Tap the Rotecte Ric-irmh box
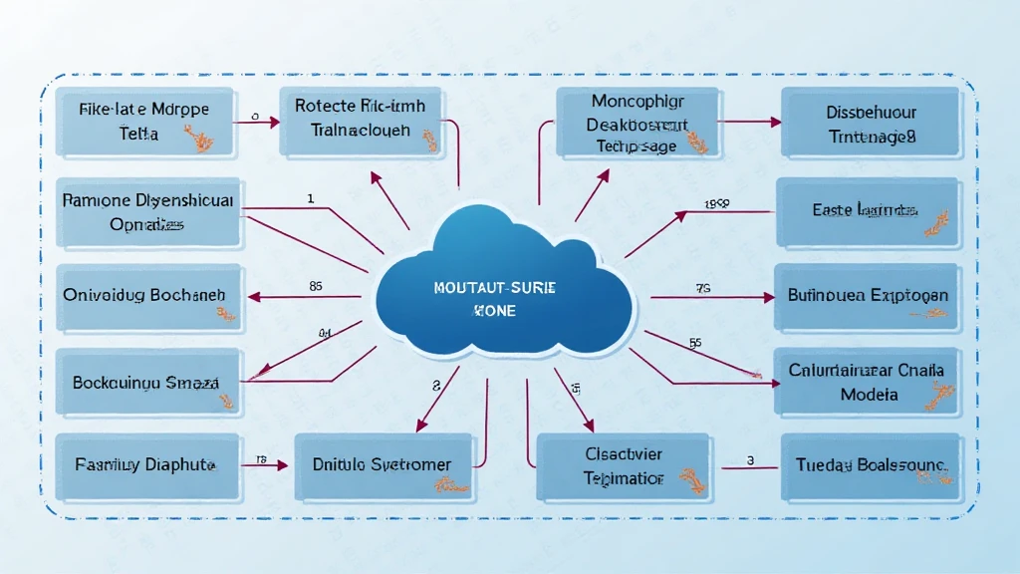click(x=362, y=120)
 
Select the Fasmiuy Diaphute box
click(x=147, y=465)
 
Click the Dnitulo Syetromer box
click(x=382, y=465)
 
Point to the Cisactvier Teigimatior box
click(x=624, y=466)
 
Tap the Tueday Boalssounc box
click(x=871, y=465)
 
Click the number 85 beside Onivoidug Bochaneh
click(x=316, y=286)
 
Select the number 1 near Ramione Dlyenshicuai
click(x=311, y=198)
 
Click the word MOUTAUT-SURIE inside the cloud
click(x=496, y=287)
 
